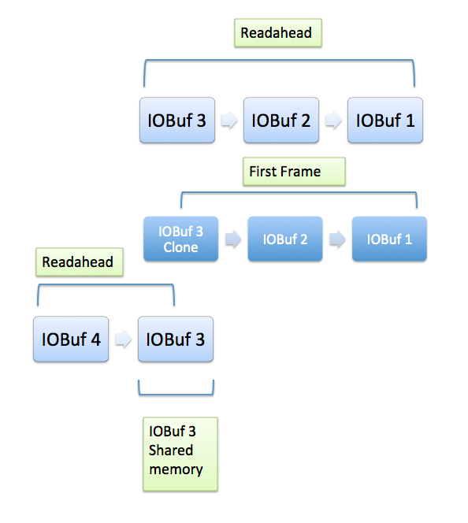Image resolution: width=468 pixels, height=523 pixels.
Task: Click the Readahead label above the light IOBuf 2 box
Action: (278, 33)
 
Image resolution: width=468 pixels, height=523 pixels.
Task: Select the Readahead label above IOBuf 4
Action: (80, 261)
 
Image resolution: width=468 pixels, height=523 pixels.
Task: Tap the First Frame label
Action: (294, 172)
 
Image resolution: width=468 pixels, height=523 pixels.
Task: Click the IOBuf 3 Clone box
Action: (180, 239)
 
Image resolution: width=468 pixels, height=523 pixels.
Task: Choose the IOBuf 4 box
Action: (71, 339)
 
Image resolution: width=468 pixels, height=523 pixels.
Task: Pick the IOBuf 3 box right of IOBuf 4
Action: (176, 339)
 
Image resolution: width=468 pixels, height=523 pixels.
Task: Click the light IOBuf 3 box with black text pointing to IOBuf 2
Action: (177, 120)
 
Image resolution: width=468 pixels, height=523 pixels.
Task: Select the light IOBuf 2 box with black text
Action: (281, 120)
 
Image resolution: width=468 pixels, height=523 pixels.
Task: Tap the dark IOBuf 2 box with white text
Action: (285, 239)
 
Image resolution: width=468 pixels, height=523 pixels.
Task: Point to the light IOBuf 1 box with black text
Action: (385, 120)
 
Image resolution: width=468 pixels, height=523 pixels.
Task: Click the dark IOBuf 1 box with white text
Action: (390, 239)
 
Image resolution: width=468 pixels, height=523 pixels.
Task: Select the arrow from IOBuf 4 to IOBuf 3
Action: (124, 339)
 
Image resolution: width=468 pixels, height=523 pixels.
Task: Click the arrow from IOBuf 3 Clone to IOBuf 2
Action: (233, 239)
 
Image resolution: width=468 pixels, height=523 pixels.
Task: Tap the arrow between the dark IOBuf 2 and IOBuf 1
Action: (337, 239)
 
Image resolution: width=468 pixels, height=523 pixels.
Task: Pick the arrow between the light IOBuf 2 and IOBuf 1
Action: (333, 120)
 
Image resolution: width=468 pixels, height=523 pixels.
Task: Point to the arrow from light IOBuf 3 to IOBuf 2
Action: (229, 120)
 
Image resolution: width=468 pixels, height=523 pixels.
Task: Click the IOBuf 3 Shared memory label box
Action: (180, 454)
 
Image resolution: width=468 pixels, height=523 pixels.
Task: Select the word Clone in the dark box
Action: (180, 247)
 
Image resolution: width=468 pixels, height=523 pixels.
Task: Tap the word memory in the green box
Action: (176, 470)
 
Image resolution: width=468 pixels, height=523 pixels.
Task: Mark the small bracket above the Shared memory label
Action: (176, 395)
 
